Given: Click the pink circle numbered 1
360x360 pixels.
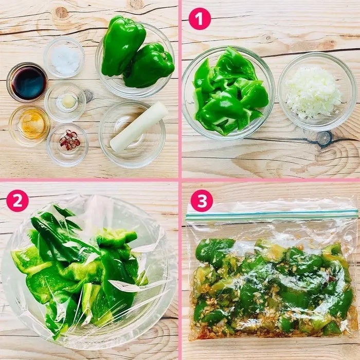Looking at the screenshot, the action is [x=200, y=19].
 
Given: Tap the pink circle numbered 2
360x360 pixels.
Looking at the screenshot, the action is [x=17, y=201].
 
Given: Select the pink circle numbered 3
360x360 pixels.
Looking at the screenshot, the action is [x=202, y=201].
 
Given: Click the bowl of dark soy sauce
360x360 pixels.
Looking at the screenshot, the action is [x=27, y=82].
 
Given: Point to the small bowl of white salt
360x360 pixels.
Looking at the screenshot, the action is [x=64, y=58].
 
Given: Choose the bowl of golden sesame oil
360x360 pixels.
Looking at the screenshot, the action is [x=30, y=125].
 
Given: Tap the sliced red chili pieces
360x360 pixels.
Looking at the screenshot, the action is [x=70, y=140].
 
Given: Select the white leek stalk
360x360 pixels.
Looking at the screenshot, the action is [x=139, y=127].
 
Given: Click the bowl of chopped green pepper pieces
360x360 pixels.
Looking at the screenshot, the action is [x=228, y=93].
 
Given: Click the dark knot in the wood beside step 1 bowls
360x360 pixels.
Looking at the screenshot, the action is [x=325, y=139].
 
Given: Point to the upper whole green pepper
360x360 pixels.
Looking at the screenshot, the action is [x=123, y=45].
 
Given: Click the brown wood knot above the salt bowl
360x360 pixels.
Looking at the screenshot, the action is [x=61, y=13].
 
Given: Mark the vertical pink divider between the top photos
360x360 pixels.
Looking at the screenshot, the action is [x=180, y=89].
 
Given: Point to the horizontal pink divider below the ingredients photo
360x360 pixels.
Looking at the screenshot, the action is [x=89, y=180].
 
